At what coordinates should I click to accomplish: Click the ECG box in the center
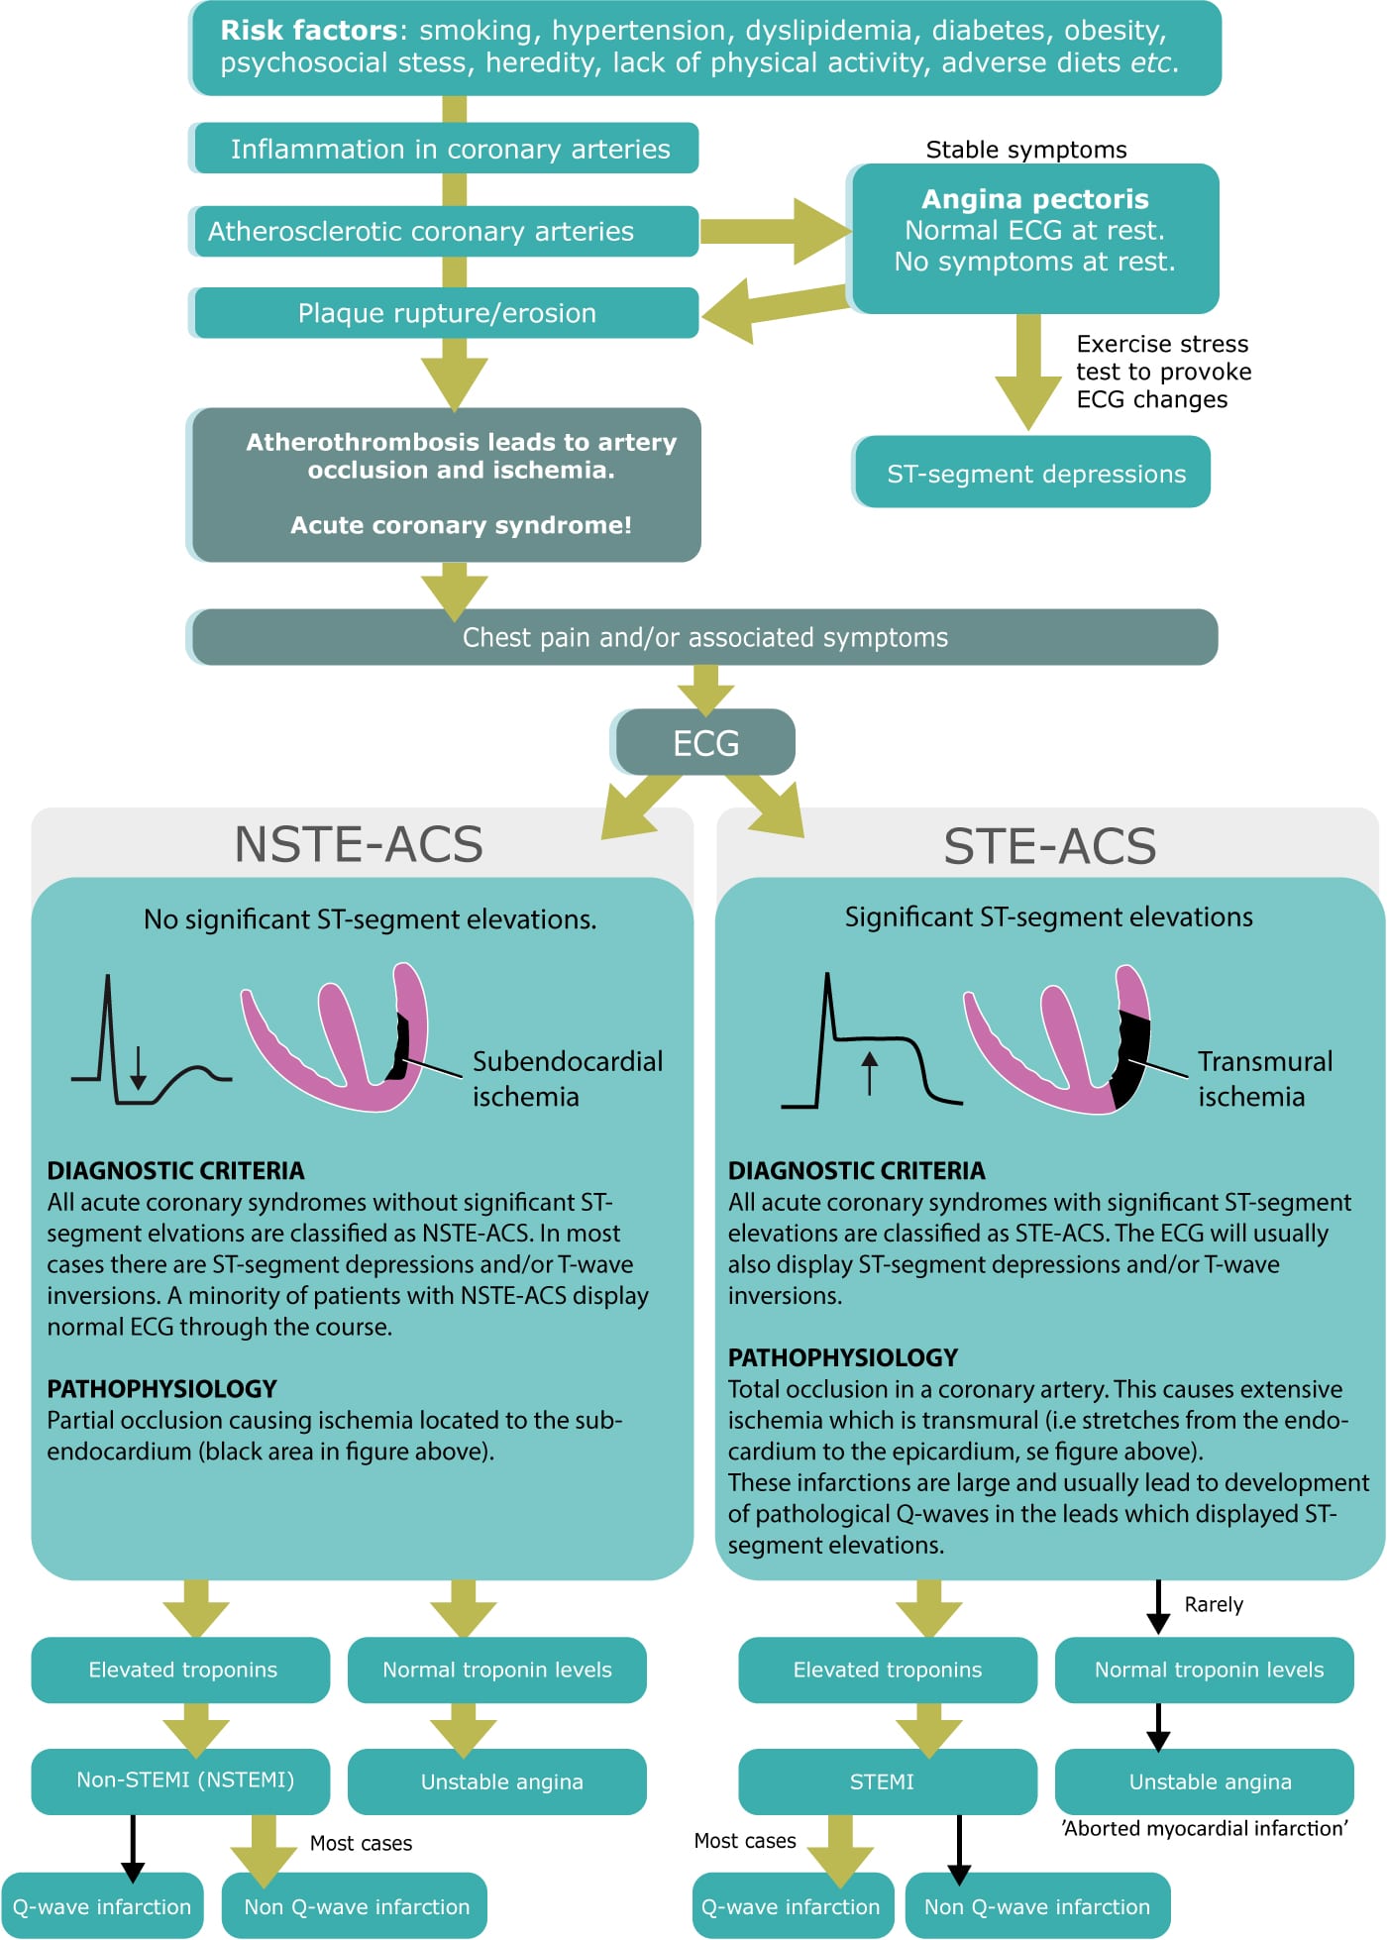pyautogui.click(x=705, y=742)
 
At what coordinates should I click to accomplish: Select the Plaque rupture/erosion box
pyautogui.click(x=447, y=313)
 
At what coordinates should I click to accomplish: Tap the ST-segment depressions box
pyautogui.click(x=1035, y=474)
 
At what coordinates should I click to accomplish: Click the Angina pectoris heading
pyautogui.click(x=1034, y=199)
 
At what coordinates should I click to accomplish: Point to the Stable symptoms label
pyautogui.click(x=1025, y=150)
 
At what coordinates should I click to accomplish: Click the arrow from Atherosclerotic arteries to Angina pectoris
pyautogui.click(x=773, y=232)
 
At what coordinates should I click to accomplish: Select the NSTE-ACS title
pyautogui.click(x=359, y=844)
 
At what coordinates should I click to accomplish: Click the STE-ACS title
pyautogui.click(x=1049, y=846)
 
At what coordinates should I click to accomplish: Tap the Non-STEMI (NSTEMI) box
pyautogui.click(x=185, y=1779)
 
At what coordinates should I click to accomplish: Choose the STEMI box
pyautogui.click(x=882, y=1781)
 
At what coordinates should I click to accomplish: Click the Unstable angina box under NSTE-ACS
pyautogui.click(x=501, y=1781)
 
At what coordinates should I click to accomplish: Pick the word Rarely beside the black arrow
pyautogui.click(x=1213, y=1604)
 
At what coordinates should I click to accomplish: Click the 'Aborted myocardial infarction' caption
pyautogui.click(x=1204, y=1828)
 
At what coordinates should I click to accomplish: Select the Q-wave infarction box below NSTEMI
pyautogui.click(x=102, y=1906)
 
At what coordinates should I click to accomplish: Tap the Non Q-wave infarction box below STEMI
pyautogui.click(x=1036, y=1906)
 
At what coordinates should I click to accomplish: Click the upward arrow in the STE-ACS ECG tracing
pyautogui.click(x=870, y=1072)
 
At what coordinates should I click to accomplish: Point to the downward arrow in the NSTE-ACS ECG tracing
pyautogui.click(x=138, y=1067)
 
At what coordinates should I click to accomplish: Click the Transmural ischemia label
pyautogui.click(x=1264, y=1078)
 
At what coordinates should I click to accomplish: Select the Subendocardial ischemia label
pyautogui.click(x=567, y=1078)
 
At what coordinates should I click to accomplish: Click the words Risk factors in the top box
pyautogui.click(x=308, y=31)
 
